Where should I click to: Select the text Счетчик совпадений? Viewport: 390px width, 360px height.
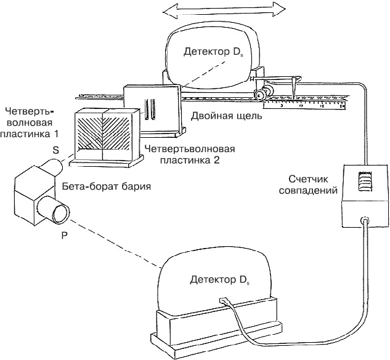pyautogui.click(x=313, y=185)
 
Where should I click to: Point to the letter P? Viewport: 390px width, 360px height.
pyautogui.click(x=64, y=235)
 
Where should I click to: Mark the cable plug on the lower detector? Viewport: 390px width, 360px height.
pyautogui.click(x=224, y=301)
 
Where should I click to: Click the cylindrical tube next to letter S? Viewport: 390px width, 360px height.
pyautogui.click(x=52, y=166)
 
